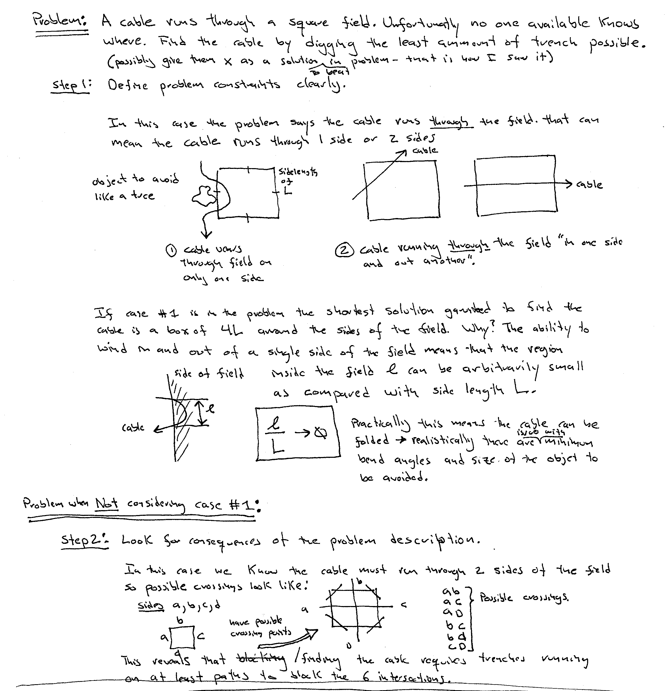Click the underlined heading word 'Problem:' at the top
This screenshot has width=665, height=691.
[60, 21]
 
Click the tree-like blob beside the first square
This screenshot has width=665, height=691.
[203, 196]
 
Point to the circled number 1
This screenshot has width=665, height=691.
[171, 251]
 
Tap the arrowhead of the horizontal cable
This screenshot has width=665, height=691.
[568, 184]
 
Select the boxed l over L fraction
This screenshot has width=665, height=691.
[298, 433]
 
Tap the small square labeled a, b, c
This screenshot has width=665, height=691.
[182, 637]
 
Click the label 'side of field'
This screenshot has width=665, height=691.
[209, 373]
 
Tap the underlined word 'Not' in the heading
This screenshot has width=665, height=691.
[106, 504]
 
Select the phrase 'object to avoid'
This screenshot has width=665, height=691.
[135, 180]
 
